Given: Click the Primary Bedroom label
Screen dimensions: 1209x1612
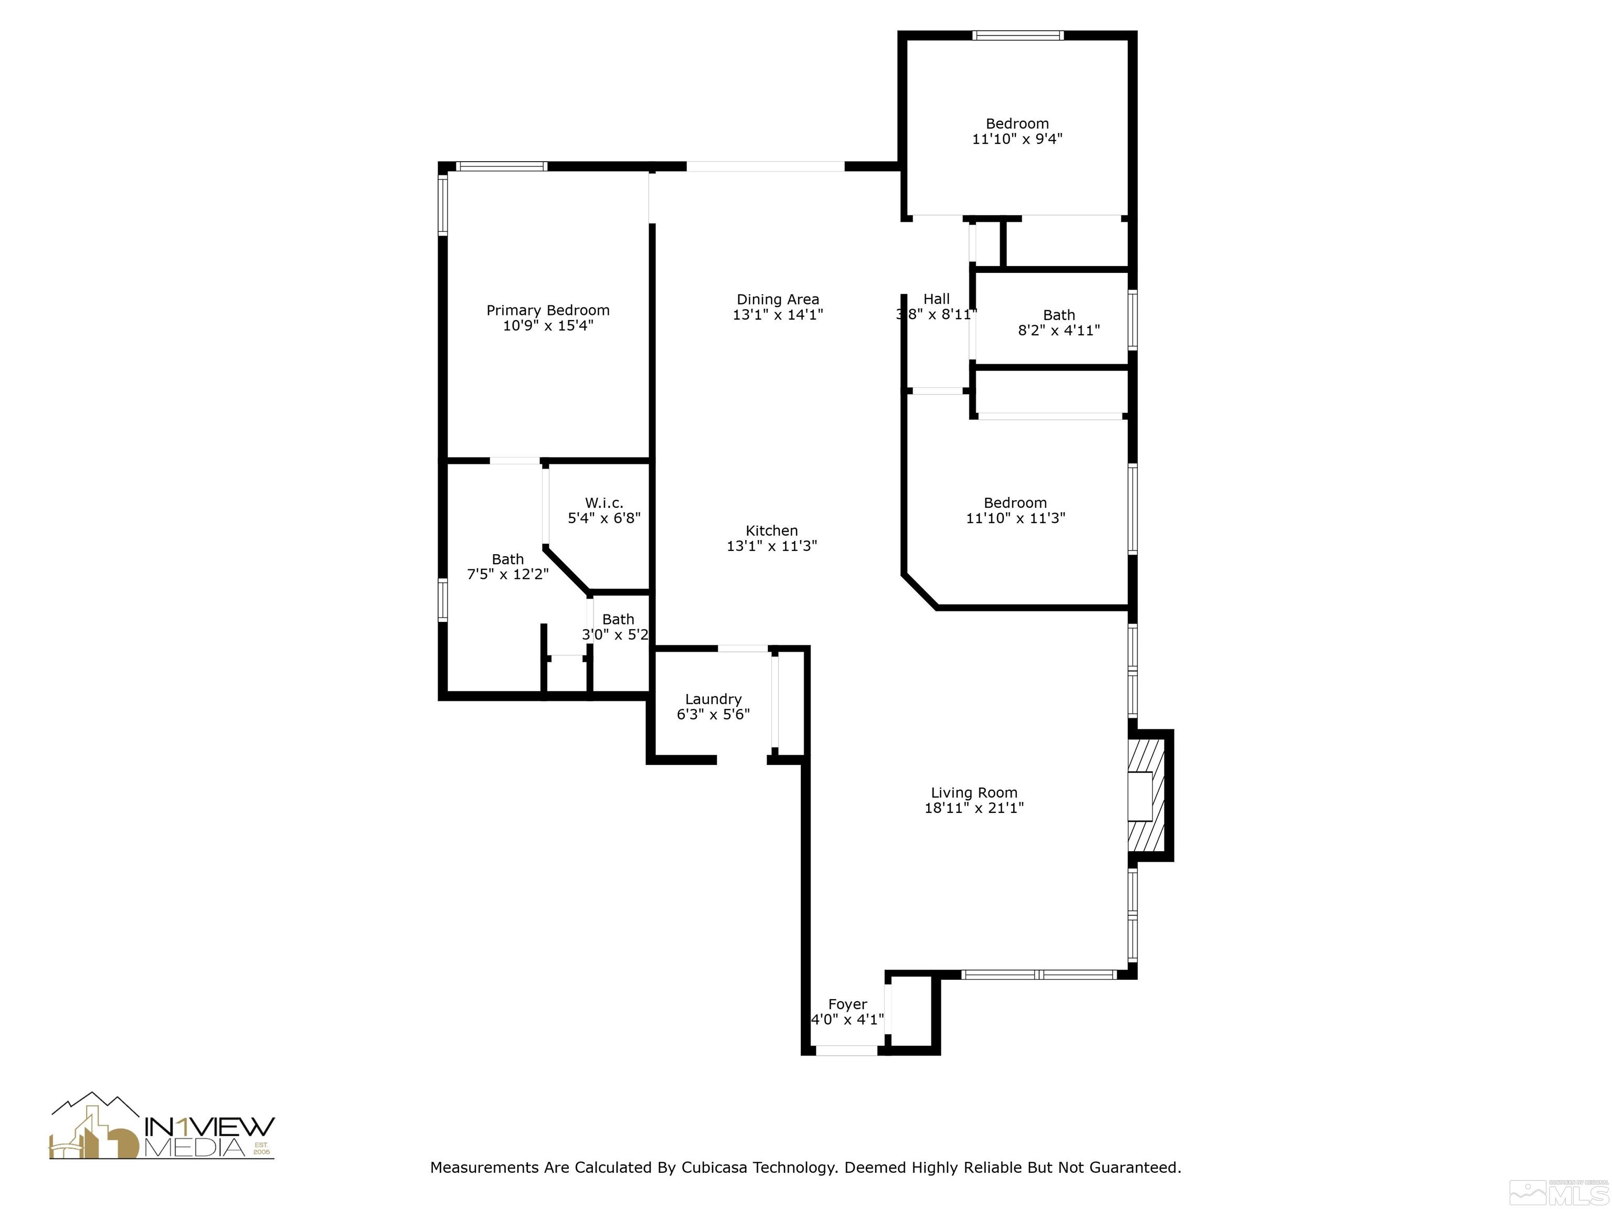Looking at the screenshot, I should [547, 311].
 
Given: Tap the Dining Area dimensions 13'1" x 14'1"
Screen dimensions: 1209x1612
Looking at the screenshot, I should [778, 315].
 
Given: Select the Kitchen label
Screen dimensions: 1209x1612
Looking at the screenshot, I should [772, 531].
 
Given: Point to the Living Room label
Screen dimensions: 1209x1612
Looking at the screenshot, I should [973, 792].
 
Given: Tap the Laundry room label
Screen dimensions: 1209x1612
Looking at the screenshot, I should [713, 699].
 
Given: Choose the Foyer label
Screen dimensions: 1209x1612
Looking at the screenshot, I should [847, 1004].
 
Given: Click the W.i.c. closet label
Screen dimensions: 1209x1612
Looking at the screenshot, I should [603, 503].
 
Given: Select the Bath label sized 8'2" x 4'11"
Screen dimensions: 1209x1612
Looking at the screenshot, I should [1058, 315].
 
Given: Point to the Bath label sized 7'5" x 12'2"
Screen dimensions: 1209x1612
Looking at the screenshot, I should [507, 559].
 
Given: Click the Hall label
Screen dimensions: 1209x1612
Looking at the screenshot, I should [937, 299].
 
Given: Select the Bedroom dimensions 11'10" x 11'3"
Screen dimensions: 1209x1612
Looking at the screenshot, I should [1015, 518].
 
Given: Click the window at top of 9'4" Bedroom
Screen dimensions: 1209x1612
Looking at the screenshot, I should [1017, 35].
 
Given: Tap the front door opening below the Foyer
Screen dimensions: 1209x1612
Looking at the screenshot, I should [845, 1050].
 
